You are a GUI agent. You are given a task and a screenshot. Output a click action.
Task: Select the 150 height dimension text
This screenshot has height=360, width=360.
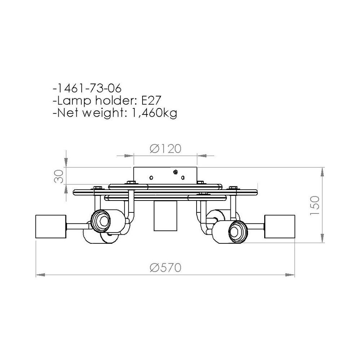(315, 206)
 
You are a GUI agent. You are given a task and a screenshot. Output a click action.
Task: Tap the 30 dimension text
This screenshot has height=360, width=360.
(60, 176)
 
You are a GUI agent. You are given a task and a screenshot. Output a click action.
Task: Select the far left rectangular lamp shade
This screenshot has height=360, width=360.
(50, 226)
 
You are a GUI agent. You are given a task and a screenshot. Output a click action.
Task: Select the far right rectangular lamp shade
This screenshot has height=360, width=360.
(280, 226)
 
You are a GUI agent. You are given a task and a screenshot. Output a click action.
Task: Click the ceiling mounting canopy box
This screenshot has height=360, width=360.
(165, 175)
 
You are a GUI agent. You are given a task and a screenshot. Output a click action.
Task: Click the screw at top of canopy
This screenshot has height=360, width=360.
(176, 172)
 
